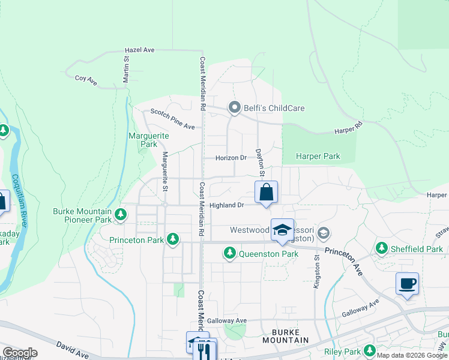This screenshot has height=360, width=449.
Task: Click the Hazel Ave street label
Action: [x=139, y=50]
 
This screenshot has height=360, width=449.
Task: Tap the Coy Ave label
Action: [x=86, y=79]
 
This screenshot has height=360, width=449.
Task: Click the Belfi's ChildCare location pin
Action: [x=234, y=108]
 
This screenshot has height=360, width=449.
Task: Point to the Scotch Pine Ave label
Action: [x=173, y=119]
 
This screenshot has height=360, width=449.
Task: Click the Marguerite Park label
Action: [x=149, y=140]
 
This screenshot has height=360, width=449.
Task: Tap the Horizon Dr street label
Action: [x=232, y=158]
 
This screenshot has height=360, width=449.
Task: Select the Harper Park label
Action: [x=318, y=157]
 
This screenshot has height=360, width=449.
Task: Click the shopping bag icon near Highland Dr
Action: [x=267, y=193]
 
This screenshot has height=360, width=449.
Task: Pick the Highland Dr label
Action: [x=227, y=205]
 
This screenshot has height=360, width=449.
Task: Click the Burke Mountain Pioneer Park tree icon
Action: [x=121, y=214]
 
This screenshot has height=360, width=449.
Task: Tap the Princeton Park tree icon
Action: [x=173, y=239]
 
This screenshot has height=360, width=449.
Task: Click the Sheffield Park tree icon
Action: [x=381, y=248]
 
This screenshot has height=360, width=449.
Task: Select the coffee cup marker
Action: [x=407, y=284]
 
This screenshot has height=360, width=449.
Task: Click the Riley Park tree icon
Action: [x=370, y=350]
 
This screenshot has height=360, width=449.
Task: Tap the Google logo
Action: [x=20, y=353]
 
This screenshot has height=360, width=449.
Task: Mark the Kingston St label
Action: [x=317, y=271]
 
